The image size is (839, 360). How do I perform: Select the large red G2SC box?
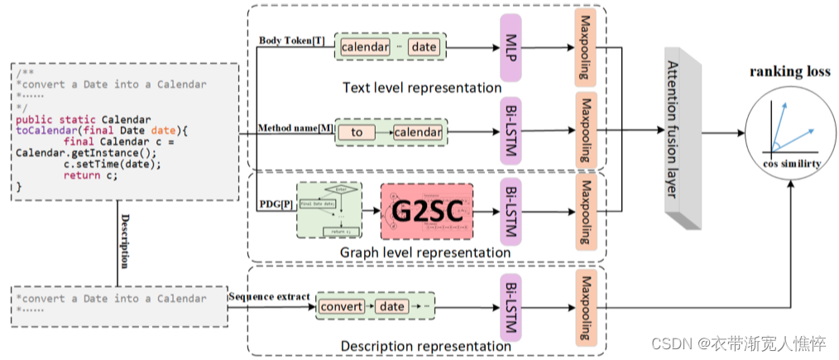(x=426, y=212)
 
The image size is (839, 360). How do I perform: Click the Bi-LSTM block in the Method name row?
(x=510, y=132)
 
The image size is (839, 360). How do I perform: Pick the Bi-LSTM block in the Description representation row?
(x=510, y=306)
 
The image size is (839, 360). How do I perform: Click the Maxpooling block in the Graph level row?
(x=585, y=212)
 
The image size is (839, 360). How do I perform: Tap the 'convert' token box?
(x=341, y=306)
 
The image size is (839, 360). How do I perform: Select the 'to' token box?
(x=357, y=132)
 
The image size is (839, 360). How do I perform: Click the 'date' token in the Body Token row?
(x=424, y=47)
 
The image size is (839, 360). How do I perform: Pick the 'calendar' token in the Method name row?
(x=417, y=132)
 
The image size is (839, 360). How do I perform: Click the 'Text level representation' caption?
(x=423, y=87)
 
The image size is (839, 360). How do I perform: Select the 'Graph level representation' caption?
(x=425, y=252)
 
